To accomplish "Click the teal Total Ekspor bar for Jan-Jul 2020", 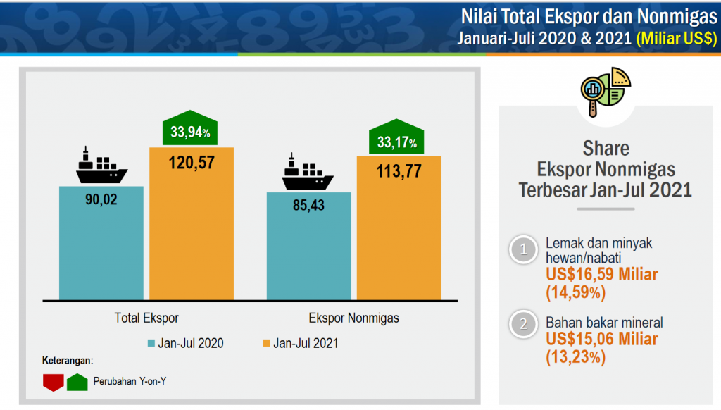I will coord(101,247).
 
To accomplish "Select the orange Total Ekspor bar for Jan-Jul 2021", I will coord(191,232).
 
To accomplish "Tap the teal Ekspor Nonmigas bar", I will coord(308,250).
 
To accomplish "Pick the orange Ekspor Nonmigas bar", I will coord(399,236).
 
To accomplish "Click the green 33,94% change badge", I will coord(190,130).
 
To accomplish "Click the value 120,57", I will coord(191,163).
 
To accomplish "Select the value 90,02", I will coord(101,199).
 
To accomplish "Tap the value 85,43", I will coord(308,207).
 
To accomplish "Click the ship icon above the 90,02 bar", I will coord(101,168).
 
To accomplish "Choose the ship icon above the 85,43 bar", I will coord(308,173).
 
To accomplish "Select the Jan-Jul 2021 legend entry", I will coord(300,344).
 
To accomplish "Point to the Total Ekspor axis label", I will coord(146,318).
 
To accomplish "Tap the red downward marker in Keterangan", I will coord(54,382).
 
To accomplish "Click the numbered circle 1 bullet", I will coord(523,249).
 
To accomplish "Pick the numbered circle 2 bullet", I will coord(523,324).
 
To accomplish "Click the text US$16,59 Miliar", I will coord(601,274).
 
